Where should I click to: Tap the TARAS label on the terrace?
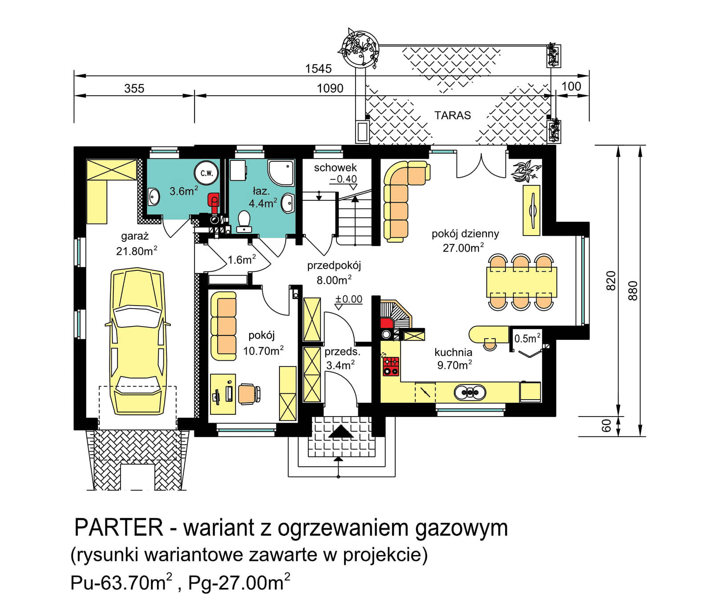(452, 115)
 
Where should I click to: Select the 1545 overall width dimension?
(318, 69)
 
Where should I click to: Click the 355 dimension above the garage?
(134, 88)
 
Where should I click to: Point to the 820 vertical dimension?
(611, 280)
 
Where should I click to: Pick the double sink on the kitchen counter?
(469, 392)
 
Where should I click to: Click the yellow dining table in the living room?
(521, 282)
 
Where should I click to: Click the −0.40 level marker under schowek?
(344, 179)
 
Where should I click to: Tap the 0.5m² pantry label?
(527, 339)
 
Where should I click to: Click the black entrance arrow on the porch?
(340, 431)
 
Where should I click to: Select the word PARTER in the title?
(119, 527)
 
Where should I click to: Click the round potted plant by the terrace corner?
(360, 48)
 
